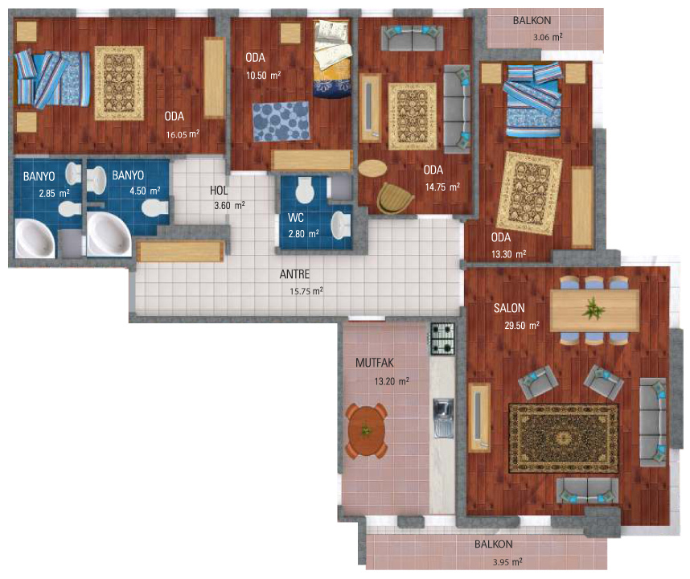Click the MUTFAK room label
pos(375,363)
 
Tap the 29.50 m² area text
pos(522,325)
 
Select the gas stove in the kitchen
pos(442,339)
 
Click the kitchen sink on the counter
pos(443,418)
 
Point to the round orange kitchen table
pos(367,431)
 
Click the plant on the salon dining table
pos(593,309)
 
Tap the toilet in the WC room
pos(305,191)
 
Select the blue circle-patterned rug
pos(281,121)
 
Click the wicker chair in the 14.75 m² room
pos(395,198)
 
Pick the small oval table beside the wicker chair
pos(372,168)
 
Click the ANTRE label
pos(294,274)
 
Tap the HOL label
pos(219,191)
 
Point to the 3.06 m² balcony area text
pos(548,37)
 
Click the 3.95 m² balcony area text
pos(507,562)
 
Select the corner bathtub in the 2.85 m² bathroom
pos(35,238)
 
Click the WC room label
pos(296,217)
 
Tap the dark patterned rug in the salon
pos(564,438)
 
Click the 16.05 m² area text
pos(183,134)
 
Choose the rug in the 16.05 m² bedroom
pos(119,83)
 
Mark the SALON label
pos(509,308)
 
